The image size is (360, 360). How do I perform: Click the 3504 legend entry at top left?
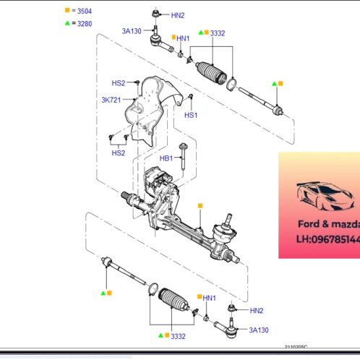tap(80, 12)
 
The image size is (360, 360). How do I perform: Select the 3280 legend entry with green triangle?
tap(80, 23)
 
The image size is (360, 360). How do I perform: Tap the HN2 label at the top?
tap(178, 15)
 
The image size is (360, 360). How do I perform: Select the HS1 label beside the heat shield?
tap(191, 115)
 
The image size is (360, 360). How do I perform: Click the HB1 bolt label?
tap(166, 158)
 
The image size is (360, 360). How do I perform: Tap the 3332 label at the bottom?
tap(178, 336)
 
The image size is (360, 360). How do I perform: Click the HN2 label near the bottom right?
tap(257, 310)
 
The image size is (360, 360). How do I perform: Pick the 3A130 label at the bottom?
tap(259, 330)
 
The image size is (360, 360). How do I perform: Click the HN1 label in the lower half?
tap(210, 298)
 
